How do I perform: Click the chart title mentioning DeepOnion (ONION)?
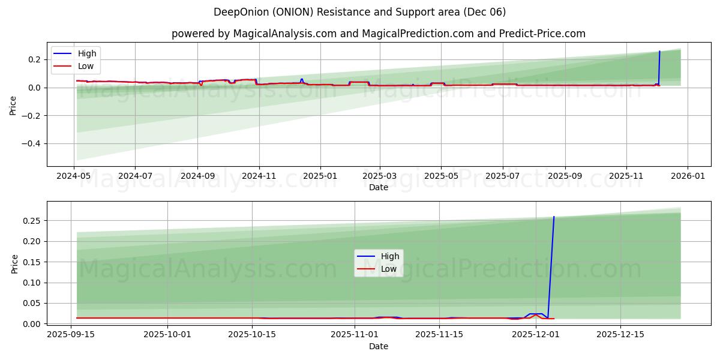click(359, 12)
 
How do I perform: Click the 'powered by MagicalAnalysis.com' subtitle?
click(378, 34)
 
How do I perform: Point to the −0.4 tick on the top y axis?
click(29, 143)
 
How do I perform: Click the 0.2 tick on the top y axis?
click(33, 59)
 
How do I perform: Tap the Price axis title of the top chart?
click(13, 105)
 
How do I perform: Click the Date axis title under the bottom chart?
click(378, 346)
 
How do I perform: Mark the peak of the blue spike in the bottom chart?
click(554, 217)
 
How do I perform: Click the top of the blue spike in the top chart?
click(659, 51)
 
